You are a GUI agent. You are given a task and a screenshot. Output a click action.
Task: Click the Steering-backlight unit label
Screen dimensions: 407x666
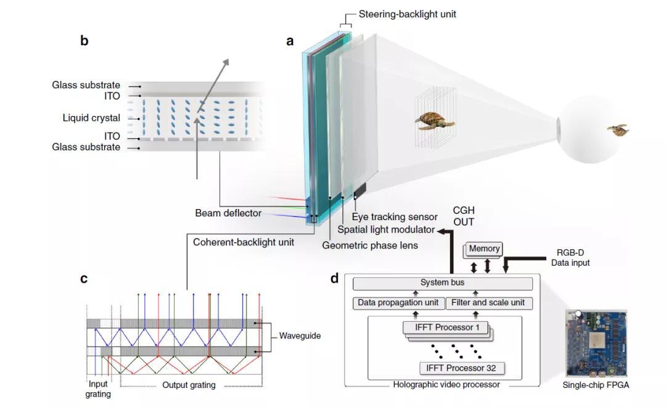[408, 14]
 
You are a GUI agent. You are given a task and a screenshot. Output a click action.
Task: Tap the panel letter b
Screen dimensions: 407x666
[84, 41]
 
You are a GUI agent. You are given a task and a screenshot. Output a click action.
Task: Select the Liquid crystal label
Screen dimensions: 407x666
[91, 118]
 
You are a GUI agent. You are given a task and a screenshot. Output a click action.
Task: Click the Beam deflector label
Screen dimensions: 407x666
[228, 213]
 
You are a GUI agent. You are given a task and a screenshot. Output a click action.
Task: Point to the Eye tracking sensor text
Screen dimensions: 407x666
[395, 217]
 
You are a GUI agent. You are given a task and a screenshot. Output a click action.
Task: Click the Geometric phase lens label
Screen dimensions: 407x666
[370, 245]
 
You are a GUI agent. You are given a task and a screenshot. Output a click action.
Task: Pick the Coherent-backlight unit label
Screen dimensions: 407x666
[244, 242]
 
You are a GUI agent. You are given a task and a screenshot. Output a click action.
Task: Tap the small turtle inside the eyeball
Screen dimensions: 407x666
[617, 129]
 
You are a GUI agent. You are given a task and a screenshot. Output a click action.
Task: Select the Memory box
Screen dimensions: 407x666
[484, 249]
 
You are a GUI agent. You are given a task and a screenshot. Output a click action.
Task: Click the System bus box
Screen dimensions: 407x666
[442, 283]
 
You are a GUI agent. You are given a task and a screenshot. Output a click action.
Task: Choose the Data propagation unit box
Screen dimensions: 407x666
[398, 303]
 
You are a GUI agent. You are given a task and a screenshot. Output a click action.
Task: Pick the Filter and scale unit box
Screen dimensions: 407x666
[488, 303]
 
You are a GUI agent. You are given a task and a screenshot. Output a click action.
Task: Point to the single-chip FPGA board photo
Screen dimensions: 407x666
[596, 343]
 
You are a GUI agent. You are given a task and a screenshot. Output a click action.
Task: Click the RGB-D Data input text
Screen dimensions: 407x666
[573, 258]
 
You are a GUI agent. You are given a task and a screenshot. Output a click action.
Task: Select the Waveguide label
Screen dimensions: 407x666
[300, 336]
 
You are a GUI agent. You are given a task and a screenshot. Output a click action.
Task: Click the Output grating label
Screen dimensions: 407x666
[189, 385]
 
